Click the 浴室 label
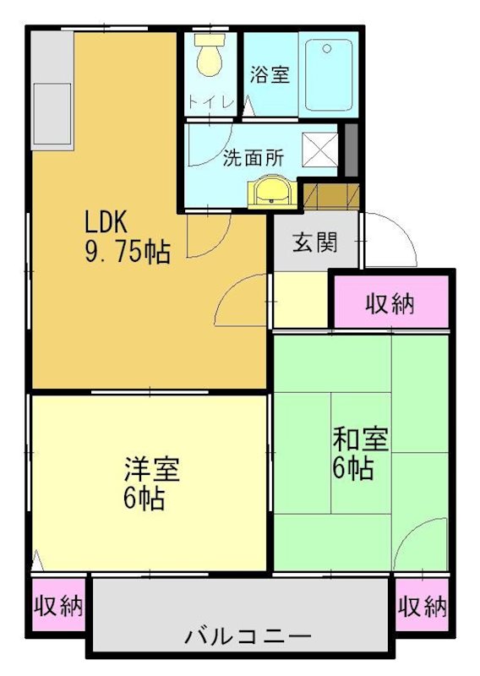270,74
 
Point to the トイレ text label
210,104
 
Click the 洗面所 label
253,157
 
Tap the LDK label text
105,223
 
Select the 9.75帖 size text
127,251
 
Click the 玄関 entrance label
315,243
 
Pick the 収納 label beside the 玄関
390,303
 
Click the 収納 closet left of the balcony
58,605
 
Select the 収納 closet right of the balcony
422,606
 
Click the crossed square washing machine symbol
322,149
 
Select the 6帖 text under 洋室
144,497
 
